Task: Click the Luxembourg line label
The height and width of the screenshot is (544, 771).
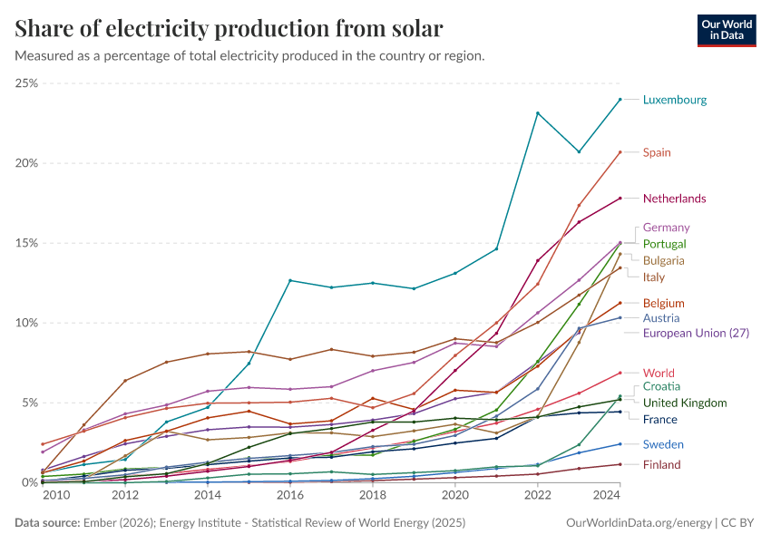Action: pyautogui.click(x=674, y=100)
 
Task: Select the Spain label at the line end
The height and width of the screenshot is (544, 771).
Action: pyautogui.click(x=657, y=152)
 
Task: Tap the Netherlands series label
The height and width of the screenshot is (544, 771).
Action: pyautogui.click(x=674, y=199)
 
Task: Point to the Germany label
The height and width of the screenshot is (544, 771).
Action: pyautogui.click(x=666, y=228)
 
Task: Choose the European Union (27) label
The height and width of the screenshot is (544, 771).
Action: pyautogui.click(x=696, y=333)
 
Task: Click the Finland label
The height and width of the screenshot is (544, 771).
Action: pyautogui.click(x=661, y=465)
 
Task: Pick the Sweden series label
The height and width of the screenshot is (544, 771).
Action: pyautogui.click(x=662, y=444)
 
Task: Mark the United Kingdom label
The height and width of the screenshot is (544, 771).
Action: pyautogui.click(x=684, y=403)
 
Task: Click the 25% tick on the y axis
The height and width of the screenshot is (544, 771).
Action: pyautogui.click(x=26, y=83)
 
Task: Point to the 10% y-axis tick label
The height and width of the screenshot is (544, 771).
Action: pyautogui.click(x=26, y=323)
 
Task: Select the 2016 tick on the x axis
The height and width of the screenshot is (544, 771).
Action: pyautogui.click(x=290, y=495)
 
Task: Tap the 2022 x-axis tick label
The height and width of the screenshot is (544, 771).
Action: pyautogui.click(x=538, y=495)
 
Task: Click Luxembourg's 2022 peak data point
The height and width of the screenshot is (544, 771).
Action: pyautogui.click(x=538, y=113)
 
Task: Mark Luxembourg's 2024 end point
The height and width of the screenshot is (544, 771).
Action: pyautogui.click(x=620, y=100)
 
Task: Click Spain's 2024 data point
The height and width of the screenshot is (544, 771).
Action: pyautogui.click(x=620, y=152)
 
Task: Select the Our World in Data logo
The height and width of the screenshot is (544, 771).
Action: pyautogui.click(x=727, y=30)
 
